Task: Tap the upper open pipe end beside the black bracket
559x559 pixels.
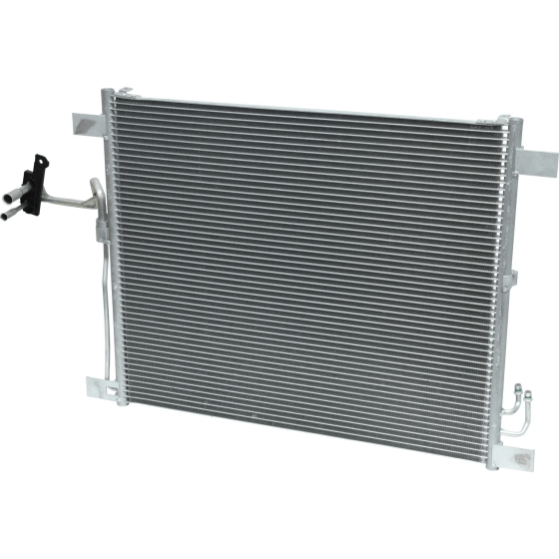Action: [14, 177]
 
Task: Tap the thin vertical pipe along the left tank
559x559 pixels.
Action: [101, 299]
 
